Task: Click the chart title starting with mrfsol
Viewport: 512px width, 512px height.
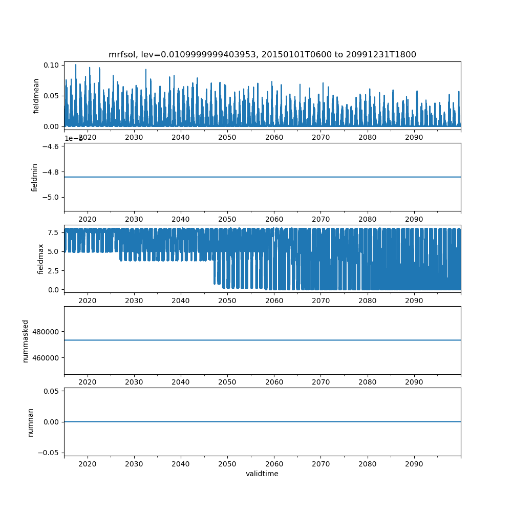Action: (x=262, y=55)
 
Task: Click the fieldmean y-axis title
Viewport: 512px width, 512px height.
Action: (x=36, y=95)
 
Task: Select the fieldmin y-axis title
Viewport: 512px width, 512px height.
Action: (x=35, y=177)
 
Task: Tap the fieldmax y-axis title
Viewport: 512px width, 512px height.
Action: (x=41, y=259)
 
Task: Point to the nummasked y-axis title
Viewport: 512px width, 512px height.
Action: (x=26, y=340)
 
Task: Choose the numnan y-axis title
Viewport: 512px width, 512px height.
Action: (x=30, y=422)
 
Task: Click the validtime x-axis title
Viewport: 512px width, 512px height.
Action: (x=262, y=474)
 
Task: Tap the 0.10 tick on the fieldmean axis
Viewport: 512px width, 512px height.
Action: (x=52, y=65)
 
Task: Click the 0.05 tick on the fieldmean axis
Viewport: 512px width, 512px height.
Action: (x=52, y=96)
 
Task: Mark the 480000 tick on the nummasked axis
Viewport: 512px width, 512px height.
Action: (x=46, y=332)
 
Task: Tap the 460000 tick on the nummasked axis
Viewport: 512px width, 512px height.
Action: (x=46, y=357)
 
